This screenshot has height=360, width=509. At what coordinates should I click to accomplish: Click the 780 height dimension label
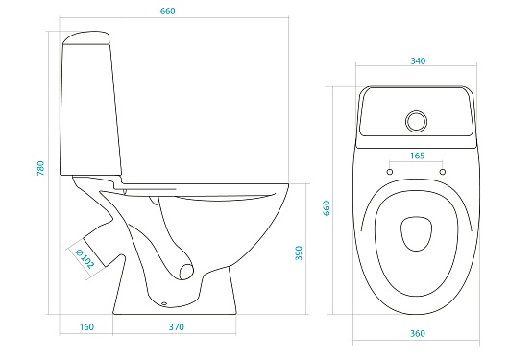pyautogui.click(x=40, y=168)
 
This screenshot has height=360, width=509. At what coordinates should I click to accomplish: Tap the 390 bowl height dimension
pyautogui.click(x=299, y=252)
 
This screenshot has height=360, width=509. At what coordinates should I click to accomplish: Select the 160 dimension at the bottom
pyautogui.click(x=86, y=327)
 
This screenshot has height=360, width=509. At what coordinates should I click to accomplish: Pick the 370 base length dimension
pyautogui.click(x=177, y=327)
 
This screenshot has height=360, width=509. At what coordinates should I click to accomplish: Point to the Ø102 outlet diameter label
pyautogui.click(x=85, y=259)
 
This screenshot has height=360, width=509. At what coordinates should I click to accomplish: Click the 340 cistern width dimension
pyautogui.click(x=418, y=61)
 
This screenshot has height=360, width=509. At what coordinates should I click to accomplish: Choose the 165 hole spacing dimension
pyautogui.click(x=417, y=156)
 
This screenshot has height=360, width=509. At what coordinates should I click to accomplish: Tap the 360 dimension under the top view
pyautogui.click(x=418, y=334)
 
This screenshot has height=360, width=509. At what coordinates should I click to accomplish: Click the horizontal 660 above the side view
pyautogui.click(x=167, y=11)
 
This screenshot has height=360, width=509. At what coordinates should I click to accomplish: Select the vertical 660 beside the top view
pyautogui.click(x=327, y=207)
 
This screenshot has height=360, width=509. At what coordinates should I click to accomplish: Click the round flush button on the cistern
pyautogui.click(x=416, y=121)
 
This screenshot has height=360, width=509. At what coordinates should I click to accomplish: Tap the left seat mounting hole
pyautogui.click(x=390, y=172)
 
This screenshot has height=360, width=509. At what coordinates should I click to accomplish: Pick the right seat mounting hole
pyautogui.click(x=443, y=172)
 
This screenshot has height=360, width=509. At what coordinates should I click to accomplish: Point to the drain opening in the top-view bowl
pyautogui.click(x=416, y=233)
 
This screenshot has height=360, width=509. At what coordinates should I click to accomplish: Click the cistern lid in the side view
pyautogui.click(x=86, y=37)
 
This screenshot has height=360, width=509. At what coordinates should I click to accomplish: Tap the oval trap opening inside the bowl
pyautogui.click(x=186, y=272)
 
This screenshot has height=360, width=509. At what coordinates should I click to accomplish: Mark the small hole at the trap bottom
pyautogui.click(x=164, y=304)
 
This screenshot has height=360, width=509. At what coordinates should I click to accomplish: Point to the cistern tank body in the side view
pyautogui.click(x=91, y=108)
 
